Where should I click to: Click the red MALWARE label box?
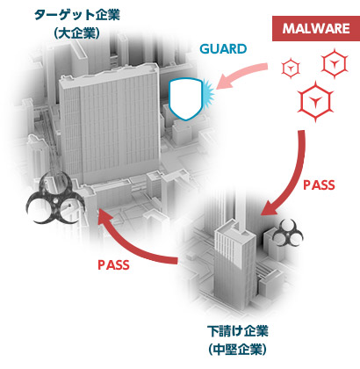pos(315,28)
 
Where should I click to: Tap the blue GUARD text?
pos(223,49)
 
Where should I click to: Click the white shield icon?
pos(185,98)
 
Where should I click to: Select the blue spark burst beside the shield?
pos(208,91)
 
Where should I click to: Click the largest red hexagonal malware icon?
pos(315,102)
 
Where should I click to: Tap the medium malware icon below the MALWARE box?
pos(335,63)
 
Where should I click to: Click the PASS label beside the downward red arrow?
pos(319,185)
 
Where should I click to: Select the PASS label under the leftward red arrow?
pos(113,265)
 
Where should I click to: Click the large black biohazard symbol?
pos(55,199)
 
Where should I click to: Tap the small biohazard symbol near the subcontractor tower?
pos(288,233)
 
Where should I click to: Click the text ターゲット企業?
pos(77,15)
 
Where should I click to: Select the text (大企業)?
pos(77,33)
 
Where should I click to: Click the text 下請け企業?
pos(238,331)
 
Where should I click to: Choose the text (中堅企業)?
pos(238,349)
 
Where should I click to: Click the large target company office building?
pos(110,123)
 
